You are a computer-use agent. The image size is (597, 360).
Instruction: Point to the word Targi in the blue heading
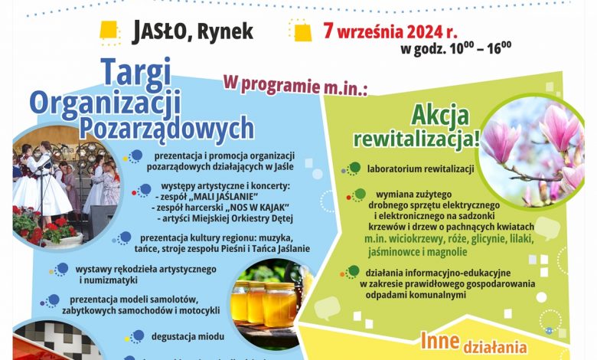coord(137,72)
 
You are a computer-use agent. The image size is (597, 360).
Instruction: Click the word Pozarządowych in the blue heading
coord(166,129)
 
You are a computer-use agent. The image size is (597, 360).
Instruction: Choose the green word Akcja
coord(440,115)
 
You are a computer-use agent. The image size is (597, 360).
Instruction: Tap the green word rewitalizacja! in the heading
coord(417,139)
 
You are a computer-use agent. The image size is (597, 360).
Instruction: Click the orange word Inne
coord(439,340)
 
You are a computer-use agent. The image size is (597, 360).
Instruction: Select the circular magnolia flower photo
coord(531,151)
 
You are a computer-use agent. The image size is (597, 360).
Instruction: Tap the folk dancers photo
coord(67,187)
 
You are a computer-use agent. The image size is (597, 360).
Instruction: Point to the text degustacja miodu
coord(188,337)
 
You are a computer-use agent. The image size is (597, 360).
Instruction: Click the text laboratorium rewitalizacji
coord(420,169)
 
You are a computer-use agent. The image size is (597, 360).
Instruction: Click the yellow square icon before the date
coord(302,31)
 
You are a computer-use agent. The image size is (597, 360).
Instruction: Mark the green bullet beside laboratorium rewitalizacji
coord(355,167)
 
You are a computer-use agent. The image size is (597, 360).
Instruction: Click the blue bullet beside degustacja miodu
coord(138,336)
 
